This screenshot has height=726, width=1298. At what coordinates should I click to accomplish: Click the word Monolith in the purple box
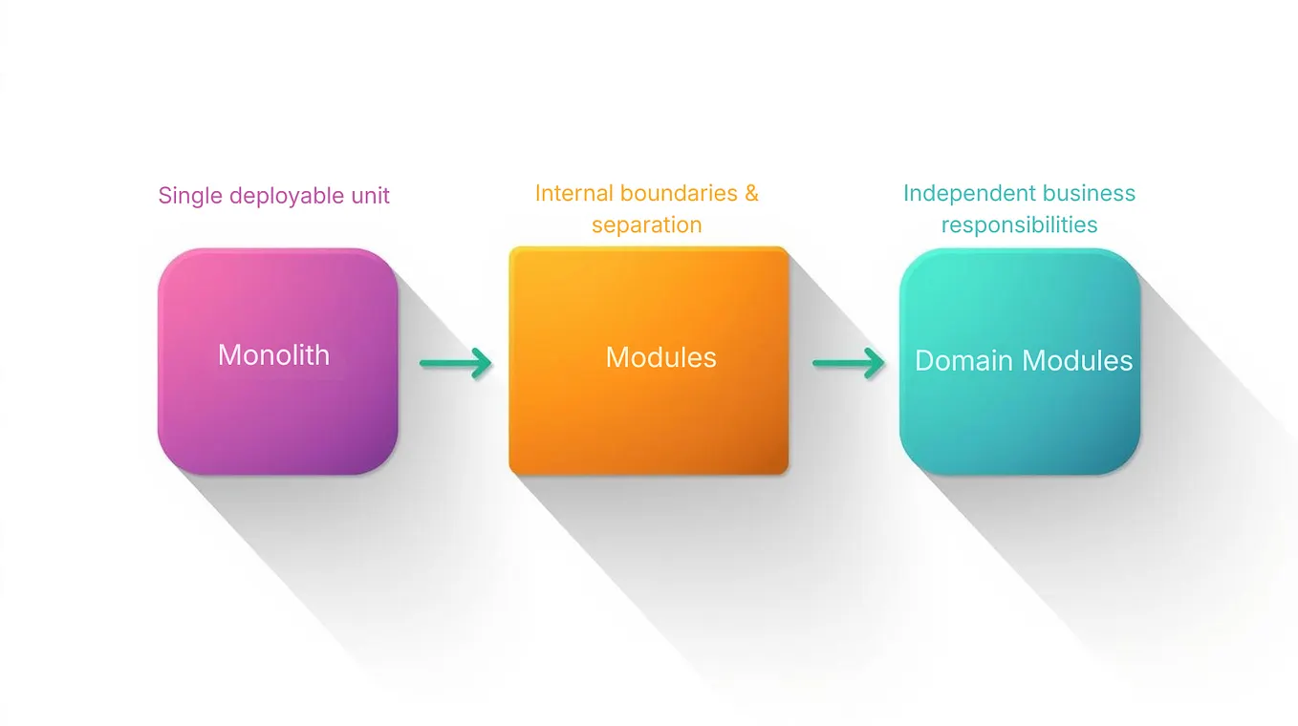click(x=273, y=354)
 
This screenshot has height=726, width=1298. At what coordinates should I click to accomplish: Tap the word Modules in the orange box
click(x=660, y=357)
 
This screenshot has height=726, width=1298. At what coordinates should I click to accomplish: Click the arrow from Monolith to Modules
click(x=455, y=362)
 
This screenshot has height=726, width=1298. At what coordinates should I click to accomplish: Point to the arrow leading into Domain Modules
click(x=848, y=363)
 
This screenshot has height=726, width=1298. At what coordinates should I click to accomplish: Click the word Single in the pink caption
click(x=190, y=196)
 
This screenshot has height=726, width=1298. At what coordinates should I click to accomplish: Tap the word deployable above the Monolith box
click(x=288, y=196)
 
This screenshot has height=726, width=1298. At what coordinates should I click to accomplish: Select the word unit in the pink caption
click(x=370, y=196)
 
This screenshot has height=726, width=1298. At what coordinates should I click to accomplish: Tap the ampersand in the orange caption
click(x=751, y=193)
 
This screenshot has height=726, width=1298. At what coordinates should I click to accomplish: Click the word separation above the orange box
click(x=646, y=224)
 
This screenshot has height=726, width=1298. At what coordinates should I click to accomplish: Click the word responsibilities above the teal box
click(x=1019, y=224)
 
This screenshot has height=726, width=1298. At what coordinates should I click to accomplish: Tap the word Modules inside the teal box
click(x=1077, y=360)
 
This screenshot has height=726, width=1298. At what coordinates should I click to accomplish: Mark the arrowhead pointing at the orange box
click(x=484, y=362)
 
